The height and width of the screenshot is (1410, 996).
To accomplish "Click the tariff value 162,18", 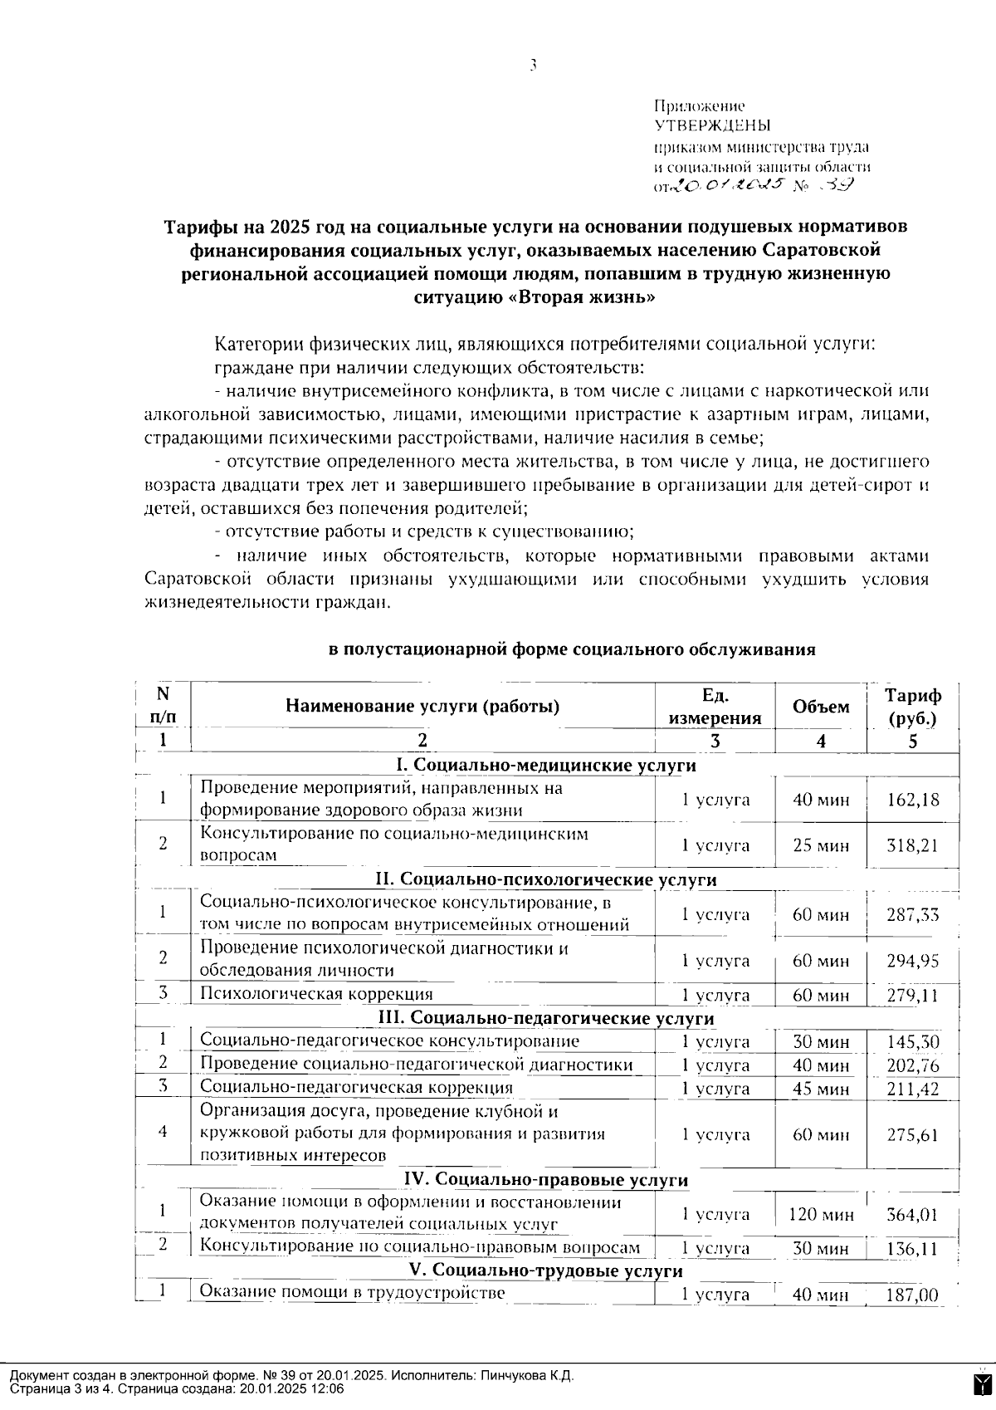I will [x=912, y=800].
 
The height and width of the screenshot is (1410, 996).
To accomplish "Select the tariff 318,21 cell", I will [x=912, y=845].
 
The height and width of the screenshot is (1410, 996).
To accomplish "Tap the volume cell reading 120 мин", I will [x=820, y=1215].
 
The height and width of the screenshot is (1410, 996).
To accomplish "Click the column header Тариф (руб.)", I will [x=912, y=707].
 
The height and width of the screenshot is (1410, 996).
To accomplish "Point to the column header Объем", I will [x=820, y=707].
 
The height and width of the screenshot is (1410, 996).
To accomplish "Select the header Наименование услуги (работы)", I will [x=422, y=707].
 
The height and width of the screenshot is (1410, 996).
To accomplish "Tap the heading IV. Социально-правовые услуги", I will [x=545, y=1179].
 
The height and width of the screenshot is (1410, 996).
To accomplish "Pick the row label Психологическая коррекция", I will [x=316, y=994].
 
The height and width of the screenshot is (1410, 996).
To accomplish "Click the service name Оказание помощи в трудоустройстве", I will [x=353, y=1293].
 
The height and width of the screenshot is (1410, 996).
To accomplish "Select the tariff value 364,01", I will [x=912, y=1215].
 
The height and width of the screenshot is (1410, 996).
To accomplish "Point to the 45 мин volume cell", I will [x=820, y=1089].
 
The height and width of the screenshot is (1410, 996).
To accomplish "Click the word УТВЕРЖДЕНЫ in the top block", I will [x=712, y=126].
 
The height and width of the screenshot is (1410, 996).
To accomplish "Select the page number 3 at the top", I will [x=532, y=66].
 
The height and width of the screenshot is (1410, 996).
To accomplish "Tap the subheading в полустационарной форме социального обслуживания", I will [x=572, y=650].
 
